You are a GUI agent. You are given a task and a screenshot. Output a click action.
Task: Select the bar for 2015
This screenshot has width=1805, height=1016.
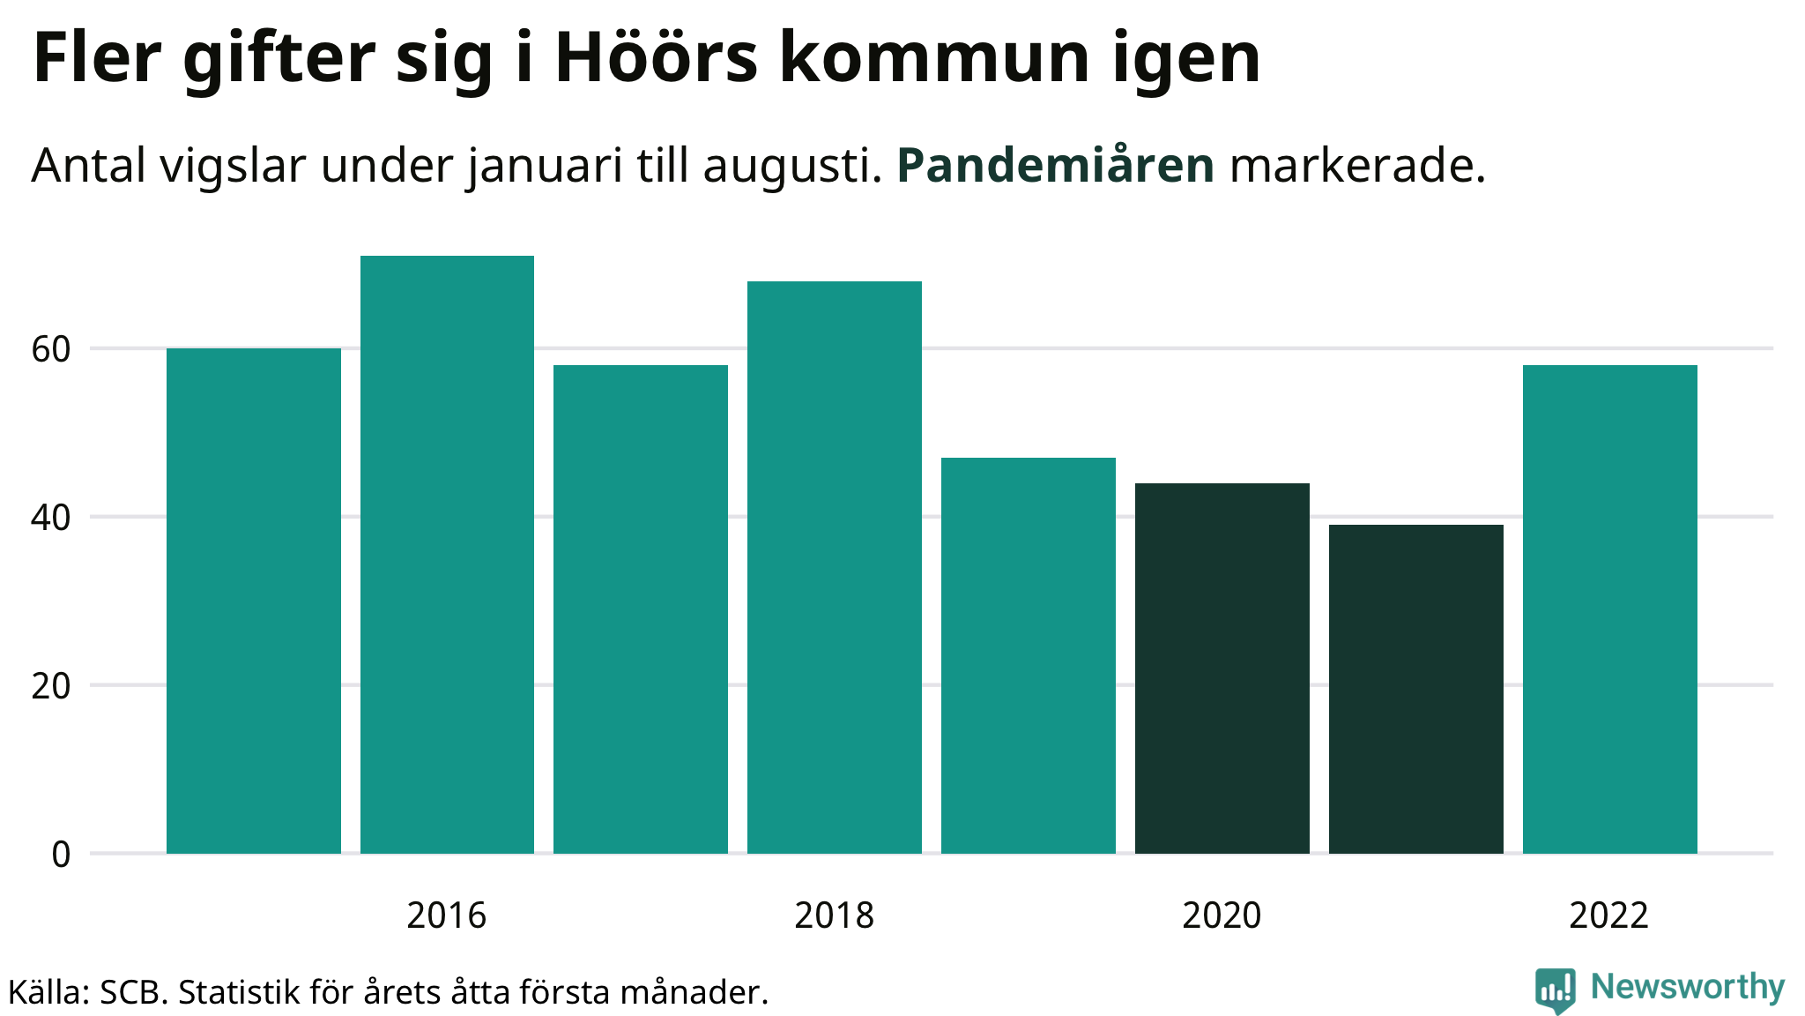coord(254,601)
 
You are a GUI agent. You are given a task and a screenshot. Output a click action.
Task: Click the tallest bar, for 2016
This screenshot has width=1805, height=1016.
coord(447,555)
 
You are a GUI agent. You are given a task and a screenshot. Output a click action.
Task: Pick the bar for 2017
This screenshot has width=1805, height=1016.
coord(641,609)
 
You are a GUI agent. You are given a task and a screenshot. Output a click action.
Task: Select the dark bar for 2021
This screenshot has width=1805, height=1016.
coord(1416,689)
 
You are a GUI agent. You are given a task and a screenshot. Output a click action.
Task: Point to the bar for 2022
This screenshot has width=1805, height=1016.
coord(1610,609)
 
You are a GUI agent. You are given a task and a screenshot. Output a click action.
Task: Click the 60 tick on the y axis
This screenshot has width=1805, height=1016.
coord(51,349)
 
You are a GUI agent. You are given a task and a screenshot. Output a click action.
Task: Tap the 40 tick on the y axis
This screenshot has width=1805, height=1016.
coord(51,518)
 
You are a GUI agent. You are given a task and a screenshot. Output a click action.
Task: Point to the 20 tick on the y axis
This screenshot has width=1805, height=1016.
coord(51,686)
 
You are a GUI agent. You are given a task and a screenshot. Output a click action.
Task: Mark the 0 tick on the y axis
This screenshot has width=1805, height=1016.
coord(61,854)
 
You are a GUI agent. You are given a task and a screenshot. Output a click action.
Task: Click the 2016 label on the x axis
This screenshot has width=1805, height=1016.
coord(446,915)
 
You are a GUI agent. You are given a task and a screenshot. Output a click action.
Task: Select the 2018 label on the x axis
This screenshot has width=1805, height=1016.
coord(834,915)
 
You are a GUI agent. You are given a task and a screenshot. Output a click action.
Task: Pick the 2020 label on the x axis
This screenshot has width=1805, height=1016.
coord(1222,915)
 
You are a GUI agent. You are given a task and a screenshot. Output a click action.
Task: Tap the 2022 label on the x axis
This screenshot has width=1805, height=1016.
coord(1608,915)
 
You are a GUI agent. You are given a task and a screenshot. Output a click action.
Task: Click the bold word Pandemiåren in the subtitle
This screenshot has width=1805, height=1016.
coord(1055,165)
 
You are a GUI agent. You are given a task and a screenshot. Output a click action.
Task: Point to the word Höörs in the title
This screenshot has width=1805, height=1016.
coord(656,58)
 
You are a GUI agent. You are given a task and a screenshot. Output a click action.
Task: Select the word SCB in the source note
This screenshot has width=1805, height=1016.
coord(132,993)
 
